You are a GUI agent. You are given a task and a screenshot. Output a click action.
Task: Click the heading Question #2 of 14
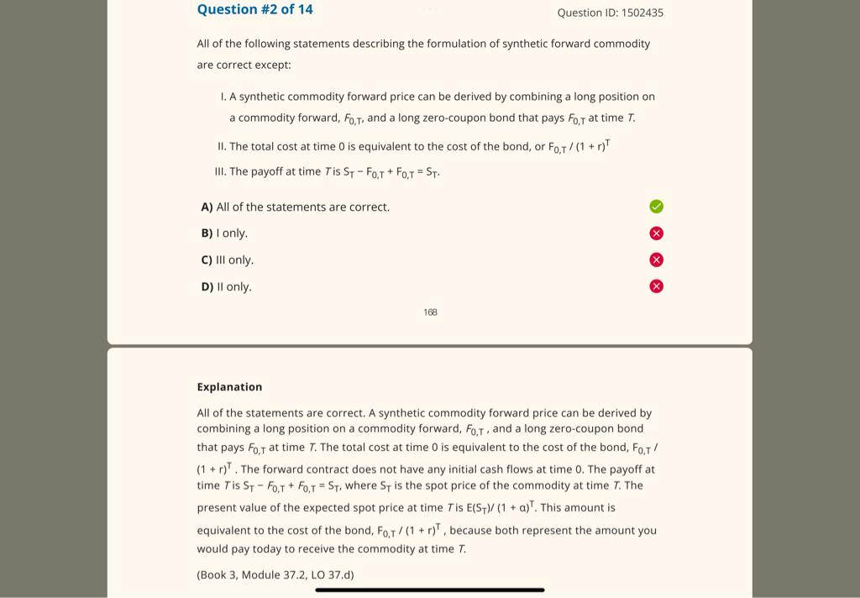[254, 10]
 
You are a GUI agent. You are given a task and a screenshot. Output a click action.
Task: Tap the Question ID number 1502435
[642, 13]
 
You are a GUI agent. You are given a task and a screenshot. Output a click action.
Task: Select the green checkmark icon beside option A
[657, 207]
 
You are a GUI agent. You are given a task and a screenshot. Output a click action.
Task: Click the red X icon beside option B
[657, 233]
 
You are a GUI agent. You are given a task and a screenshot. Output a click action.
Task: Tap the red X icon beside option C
[657, 260]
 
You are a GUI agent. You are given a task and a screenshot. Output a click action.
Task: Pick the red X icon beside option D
[657, 286]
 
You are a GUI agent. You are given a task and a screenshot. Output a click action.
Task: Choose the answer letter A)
[207, 207]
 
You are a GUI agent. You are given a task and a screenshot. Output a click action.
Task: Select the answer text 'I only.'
[232, 233]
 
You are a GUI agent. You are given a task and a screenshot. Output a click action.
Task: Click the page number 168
[430, 312]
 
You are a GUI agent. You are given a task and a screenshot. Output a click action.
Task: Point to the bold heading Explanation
[229, 387]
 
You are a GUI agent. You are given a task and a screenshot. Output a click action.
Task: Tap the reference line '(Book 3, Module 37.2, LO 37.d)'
[275, 575]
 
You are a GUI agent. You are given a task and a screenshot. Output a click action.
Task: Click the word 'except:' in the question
[272, 65]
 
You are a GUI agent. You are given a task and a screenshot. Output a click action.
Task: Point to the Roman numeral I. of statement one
[223, 97]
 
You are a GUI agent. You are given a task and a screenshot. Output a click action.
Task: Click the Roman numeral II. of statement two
[222, 147]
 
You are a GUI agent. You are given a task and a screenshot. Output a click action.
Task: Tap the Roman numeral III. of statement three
[221, 172]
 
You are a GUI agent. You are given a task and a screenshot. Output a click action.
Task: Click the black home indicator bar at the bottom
[430, 590]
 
